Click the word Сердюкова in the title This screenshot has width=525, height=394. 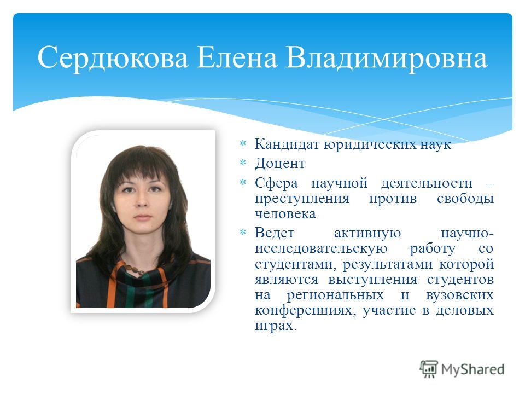click(113, 58)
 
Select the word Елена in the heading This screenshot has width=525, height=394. click(237, 57)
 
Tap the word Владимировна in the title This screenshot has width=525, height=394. click(387, 58)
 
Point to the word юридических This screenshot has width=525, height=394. click(370, 145)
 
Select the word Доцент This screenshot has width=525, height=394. click(280, 164)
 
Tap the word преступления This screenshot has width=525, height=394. click(302, 199)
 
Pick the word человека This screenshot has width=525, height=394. click(285, 214)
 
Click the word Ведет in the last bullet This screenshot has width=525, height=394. click(275, 233)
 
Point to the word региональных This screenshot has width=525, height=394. click(335, 296)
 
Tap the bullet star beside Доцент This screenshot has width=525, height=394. click(242, 163)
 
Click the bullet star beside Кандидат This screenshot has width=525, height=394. click(242, 144)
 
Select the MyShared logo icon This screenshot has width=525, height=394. click(429, 369)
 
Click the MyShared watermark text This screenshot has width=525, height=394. click(472, 369)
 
